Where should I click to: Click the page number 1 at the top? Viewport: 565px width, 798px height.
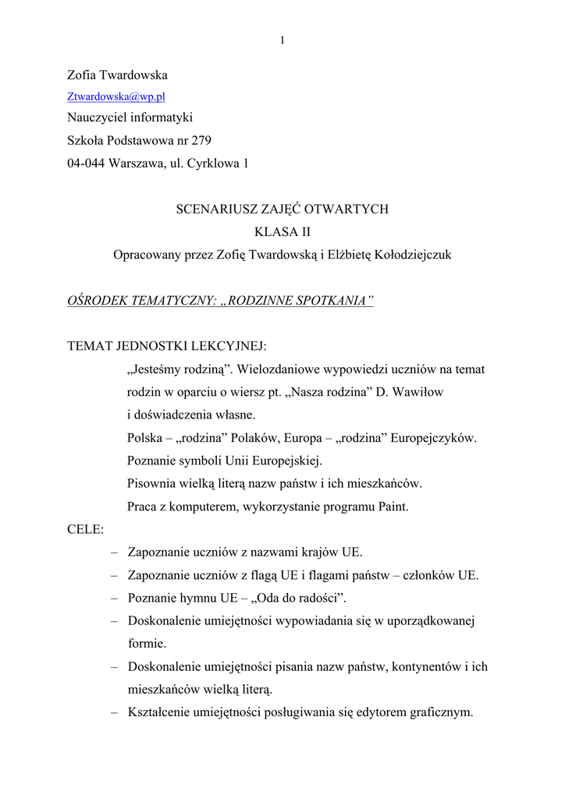coord(282,41)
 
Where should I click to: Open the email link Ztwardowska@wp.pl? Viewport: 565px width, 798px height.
coord(115,97)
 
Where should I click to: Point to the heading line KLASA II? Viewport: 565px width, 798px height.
coord(282,231)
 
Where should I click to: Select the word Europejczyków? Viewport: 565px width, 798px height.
coord(428,437)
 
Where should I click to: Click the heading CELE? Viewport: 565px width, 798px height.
coord(86,529)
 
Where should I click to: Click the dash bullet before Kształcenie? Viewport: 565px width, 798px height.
coord(115,711)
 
